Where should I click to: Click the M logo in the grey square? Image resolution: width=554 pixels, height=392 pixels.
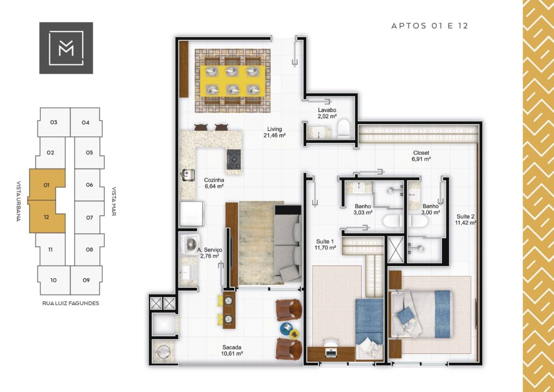coord(66,48)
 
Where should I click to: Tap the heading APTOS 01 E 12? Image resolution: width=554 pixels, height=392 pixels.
coord(430,26)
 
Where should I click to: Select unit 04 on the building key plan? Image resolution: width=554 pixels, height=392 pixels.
coord(85,122)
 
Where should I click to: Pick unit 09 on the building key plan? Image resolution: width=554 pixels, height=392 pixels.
coord(86,280)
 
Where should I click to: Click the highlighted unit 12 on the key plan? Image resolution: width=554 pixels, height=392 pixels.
coord(47,217)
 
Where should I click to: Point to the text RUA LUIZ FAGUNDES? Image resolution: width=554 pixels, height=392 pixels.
coord(71,303)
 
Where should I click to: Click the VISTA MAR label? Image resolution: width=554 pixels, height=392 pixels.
coord(114,201)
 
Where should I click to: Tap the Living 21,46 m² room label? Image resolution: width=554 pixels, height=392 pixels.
coord(274,132)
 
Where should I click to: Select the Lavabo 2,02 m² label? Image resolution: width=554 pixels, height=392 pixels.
coord(327,113)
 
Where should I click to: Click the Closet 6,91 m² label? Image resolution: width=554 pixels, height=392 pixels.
coord(421,156)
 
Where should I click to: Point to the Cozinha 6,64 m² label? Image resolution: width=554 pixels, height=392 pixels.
coord(214,183)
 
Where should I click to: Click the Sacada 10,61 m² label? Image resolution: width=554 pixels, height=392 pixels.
coord(232,350)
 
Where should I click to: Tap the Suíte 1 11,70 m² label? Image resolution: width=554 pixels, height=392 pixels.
coord(325,244)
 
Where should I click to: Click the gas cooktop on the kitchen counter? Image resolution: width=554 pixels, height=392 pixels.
coord(234,159)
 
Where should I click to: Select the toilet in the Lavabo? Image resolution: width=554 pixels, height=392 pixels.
coord(343,129)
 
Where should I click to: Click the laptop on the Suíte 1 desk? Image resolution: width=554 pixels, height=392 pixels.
coord(331,353)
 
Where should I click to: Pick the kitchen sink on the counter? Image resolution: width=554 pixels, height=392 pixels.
coord(187,175)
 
